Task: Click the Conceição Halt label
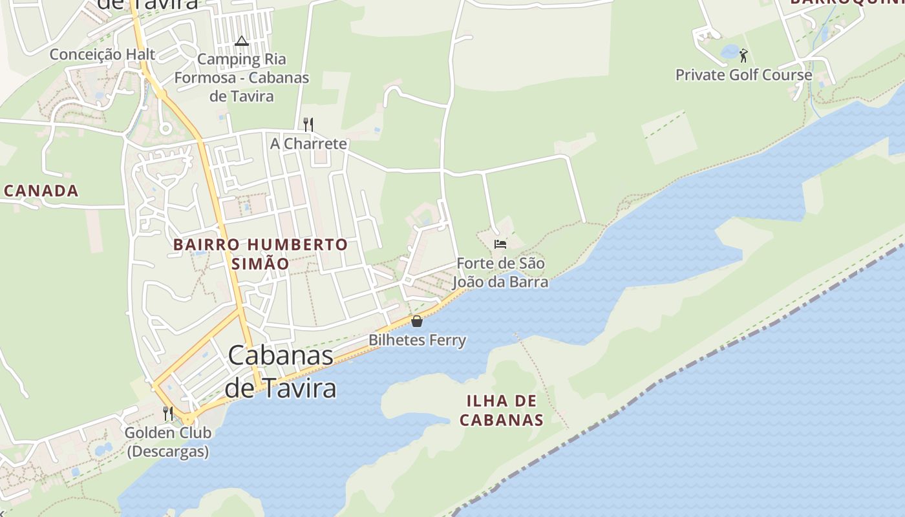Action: [x=103, y=54]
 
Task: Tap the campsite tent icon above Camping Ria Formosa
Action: [x=242, y=41]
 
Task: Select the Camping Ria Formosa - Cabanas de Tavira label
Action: [x=241, y=78]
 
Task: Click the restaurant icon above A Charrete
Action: [x=308, y=124]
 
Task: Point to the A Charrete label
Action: [x=308, y=143]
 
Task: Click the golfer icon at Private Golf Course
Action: [x=743, y=55]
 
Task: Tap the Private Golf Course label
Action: [x=743, y=74]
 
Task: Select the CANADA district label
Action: [x=41, y=191]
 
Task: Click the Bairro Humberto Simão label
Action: [x=261, y=254]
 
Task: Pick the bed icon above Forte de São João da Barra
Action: [x=500, y=244]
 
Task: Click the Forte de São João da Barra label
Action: [x=500, y=273]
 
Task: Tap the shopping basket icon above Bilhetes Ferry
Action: [x=417, y=321]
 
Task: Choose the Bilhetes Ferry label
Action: [x=417, y=340]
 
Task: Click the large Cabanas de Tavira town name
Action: [x=281, y=372]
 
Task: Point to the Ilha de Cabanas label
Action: [x=501, y=410]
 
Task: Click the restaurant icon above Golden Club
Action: [x=168, y=413]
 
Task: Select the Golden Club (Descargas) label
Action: [x=168, y=442]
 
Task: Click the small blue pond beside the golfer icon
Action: [x=729, y=52]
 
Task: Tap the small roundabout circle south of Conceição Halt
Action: [x=165, y=129]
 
